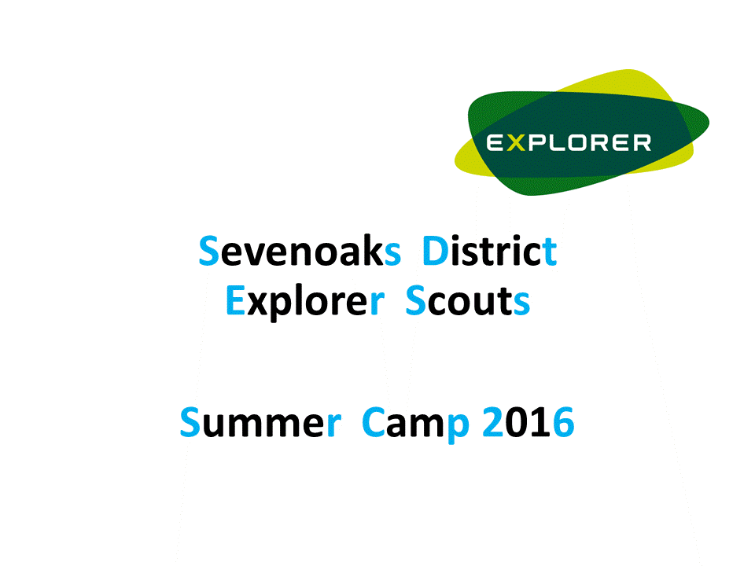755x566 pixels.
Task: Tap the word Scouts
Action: (467, 301)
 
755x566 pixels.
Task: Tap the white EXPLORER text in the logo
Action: (569, 143)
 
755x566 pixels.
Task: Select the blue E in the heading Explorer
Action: (235, 301)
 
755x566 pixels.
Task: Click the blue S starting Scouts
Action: (416, 301)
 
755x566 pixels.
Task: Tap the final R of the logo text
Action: (641, 143)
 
